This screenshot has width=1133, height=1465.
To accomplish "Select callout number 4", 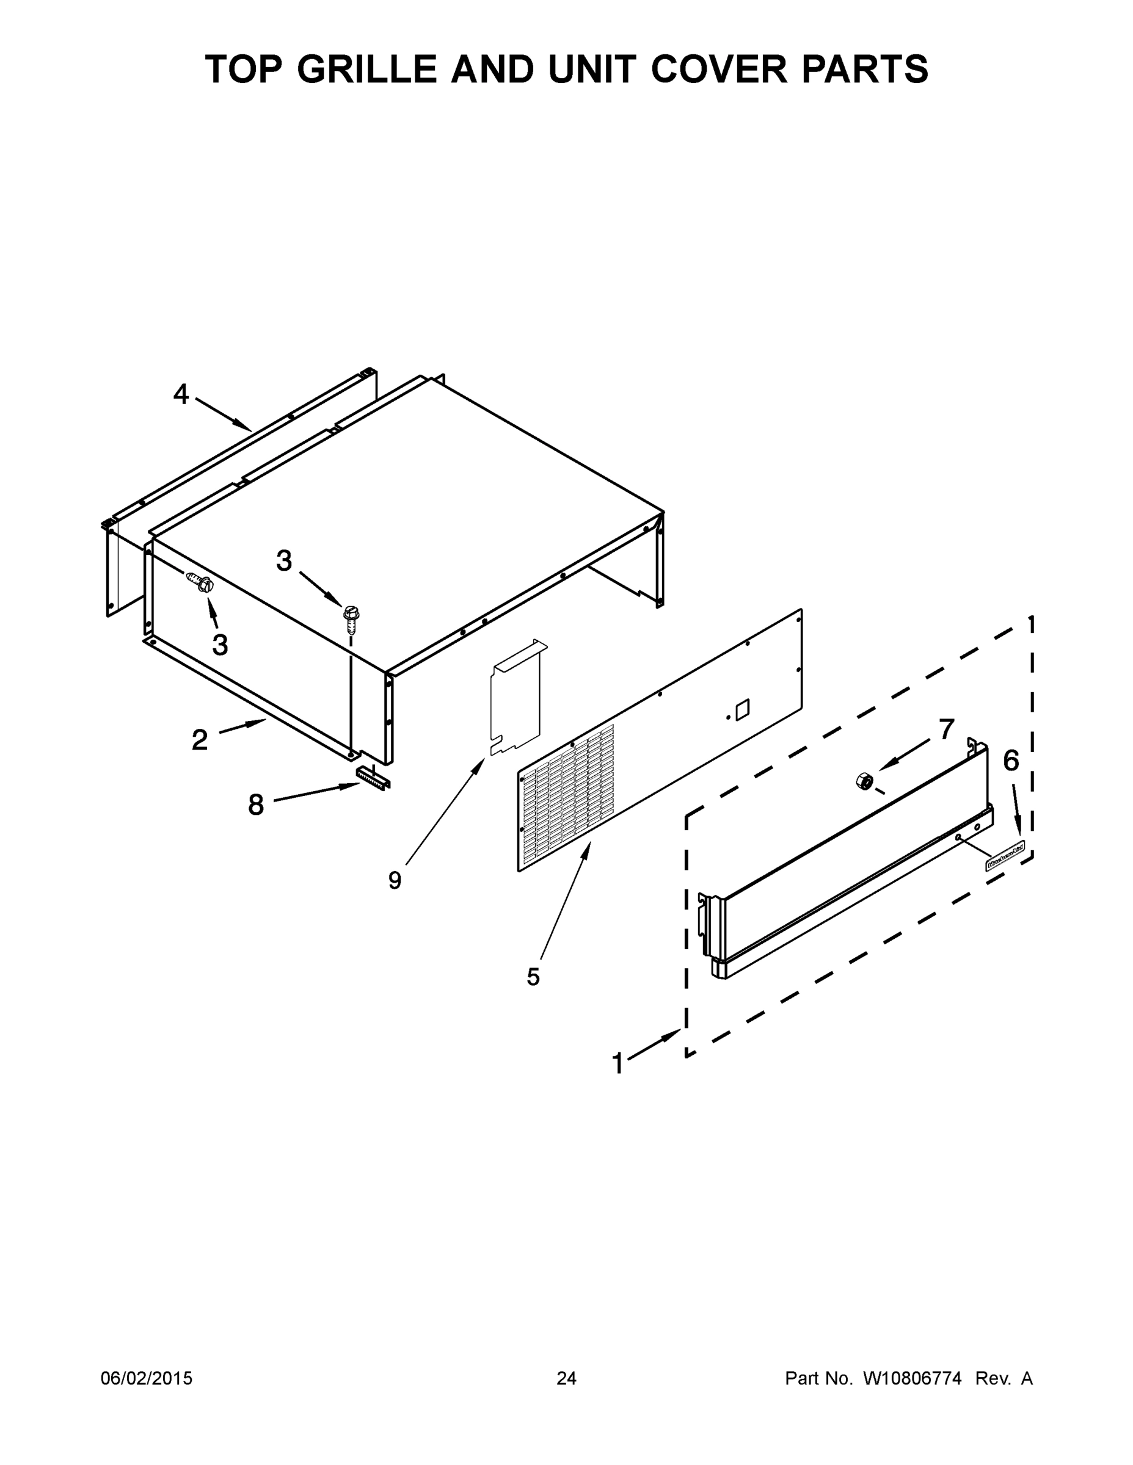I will coord(181,394).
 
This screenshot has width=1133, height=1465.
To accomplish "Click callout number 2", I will coord(199,740).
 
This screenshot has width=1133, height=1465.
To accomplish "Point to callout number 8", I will coord(256,805).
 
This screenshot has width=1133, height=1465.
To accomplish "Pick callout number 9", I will coord(395,880).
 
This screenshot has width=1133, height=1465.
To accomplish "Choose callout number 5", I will coord(533,977).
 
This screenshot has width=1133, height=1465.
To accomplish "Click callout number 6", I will coord(1011,761).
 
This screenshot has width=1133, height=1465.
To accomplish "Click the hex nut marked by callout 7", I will coord(864,781).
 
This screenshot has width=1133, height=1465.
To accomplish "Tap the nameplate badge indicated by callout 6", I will coord(1005,861).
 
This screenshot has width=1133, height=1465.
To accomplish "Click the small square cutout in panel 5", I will coord(742,710).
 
